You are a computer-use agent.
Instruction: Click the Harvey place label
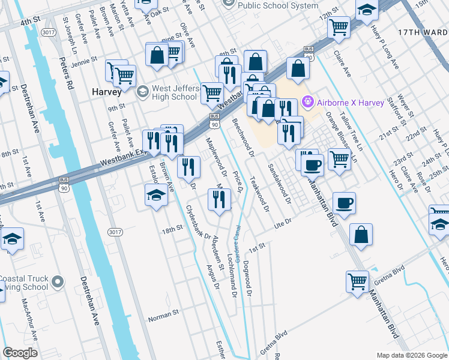click(107, 92)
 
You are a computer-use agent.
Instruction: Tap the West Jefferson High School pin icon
click(142, 92)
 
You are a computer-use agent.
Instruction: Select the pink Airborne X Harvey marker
click(309, 103)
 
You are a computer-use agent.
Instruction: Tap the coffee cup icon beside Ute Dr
click(343, 203)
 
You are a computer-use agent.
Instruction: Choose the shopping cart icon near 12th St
click(339, 27)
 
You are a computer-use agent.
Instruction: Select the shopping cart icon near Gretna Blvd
click(357, 281)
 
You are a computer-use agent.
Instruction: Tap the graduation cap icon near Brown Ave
click(156, 195)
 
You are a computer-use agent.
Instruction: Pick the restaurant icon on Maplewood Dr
click(219, 199)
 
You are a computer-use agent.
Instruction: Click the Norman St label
click(163, 313)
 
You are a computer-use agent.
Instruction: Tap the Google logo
click(20, 353)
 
